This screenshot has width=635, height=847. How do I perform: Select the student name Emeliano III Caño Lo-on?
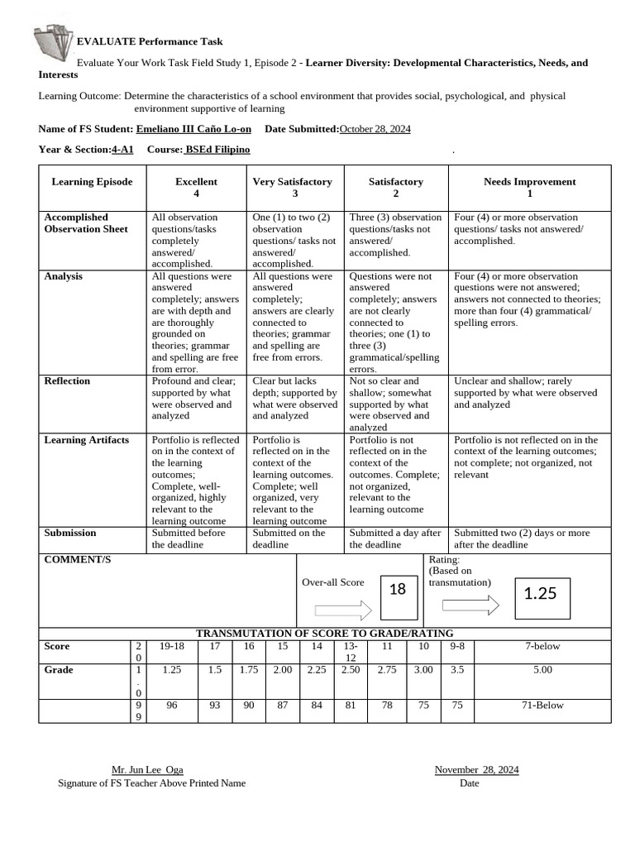193,129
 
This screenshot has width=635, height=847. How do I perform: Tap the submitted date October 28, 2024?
375,129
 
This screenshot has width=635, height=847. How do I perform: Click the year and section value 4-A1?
122,150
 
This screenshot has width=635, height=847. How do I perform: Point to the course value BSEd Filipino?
217,150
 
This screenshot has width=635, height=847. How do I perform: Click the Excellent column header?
196,187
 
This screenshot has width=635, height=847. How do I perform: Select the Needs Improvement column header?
529,187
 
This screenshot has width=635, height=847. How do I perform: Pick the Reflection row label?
67,381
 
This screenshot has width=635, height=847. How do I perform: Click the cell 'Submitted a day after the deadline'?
395,538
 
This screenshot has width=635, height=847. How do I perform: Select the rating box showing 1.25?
540,594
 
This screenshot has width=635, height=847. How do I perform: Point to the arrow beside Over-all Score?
344,610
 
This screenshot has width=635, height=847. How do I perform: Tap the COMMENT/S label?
77,560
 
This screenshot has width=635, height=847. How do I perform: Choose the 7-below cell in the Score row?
542,646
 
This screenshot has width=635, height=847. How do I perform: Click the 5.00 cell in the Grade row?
542,670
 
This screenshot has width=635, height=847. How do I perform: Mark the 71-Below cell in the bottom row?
542,706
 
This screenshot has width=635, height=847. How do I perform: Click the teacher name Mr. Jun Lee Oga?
147,770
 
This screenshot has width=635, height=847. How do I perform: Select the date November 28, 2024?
476,770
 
